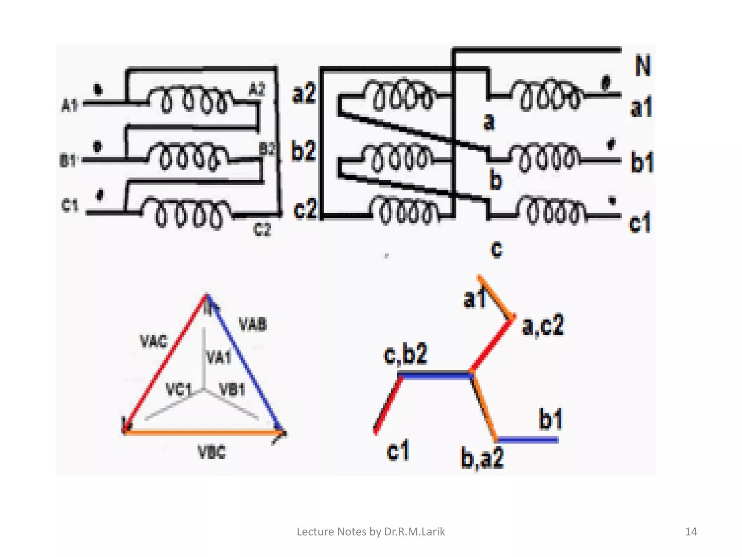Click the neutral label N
click(x=643, y=66)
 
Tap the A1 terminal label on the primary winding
click(x=70, y=106)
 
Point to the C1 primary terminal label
click(x=70, y=206)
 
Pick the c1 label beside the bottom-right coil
click(x=639, y=222)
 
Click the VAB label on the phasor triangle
click(x=253, y=324)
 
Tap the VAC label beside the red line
click(x=154, y=341)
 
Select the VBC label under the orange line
click(x=212, y=452)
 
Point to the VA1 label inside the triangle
click(x=218, y=358)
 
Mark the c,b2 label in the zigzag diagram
click(x=405, y=354)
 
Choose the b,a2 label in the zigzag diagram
click(x=482, y=458)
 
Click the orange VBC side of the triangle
click(x=203, y=432)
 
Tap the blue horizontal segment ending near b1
click(x=527, y=440)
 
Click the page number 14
click(x=691, y=532)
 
